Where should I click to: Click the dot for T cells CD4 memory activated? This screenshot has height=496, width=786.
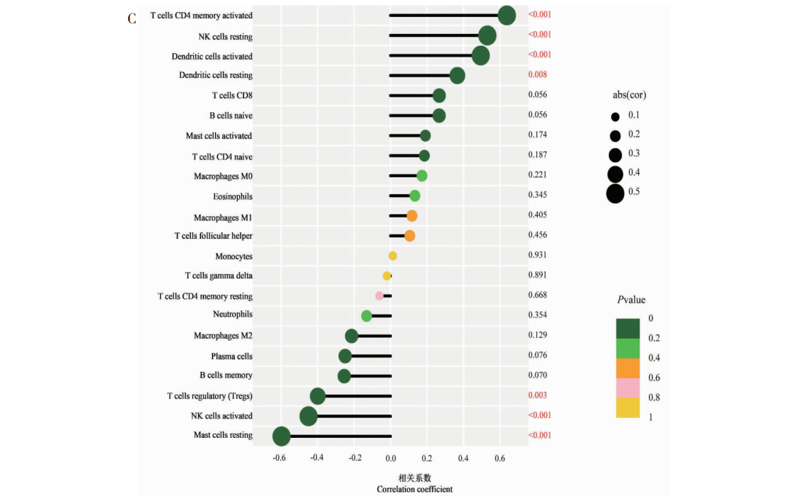tap(507, 15)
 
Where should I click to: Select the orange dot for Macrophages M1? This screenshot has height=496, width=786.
tap(412, 216)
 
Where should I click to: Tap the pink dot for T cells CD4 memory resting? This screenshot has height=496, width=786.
tap(379, 296)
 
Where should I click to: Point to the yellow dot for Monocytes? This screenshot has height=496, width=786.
tap(393, 256)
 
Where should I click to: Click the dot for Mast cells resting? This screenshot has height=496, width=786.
tap(282, 436)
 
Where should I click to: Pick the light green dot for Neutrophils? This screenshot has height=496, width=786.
tap(366, 316)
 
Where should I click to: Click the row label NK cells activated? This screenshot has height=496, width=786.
tap(221, 416)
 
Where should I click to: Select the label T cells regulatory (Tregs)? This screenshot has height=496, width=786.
tap(209, 396)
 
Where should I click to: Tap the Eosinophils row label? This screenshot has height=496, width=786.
tap(233, 196)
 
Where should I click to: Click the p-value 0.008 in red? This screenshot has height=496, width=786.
tap(538, 74)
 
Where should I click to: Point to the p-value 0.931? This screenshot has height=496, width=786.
tap(538, 255)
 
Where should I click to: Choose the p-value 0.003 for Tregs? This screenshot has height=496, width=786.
tap(538, 395)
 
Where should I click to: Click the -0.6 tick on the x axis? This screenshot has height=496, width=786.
tap(280, 458)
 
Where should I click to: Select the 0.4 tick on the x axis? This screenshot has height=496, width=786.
tap(463, 458)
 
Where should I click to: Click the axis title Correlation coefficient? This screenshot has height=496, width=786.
tap(415, 489)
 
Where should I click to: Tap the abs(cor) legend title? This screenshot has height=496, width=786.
tap(629, 95)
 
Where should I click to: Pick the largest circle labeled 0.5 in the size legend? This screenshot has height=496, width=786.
tap(615, 193)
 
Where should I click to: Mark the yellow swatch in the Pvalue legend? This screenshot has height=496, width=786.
tap(628, 408)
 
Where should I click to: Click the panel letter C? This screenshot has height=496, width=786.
tap(132, 19)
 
